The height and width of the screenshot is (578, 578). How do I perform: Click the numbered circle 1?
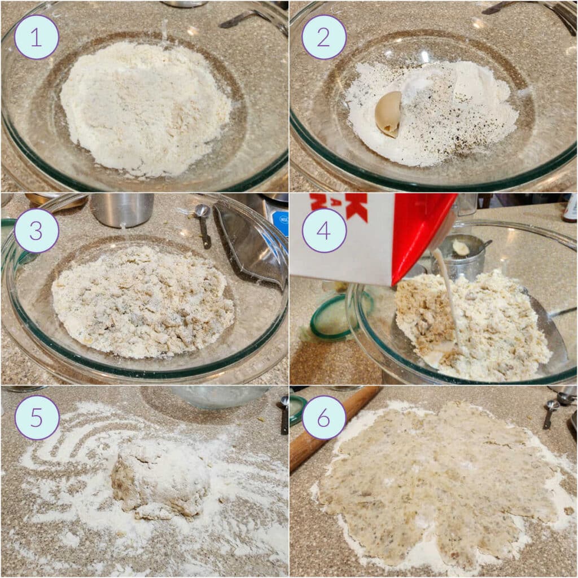point(37,37)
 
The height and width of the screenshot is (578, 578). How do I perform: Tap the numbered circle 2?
point(324,37)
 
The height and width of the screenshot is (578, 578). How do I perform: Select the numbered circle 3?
point(37,230)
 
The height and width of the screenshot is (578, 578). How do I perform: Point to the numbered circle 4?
point(324,230)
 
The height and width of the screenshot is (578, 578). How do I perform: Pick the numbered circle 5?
point(37,418)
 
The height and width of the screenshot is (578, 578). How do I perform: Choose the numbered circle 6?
point(324,418)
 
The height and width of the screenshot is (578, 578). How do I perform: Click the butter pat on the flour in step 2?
point(389,113)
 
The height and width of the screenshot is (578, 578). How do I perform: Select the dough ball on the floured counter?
point(160,477)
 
